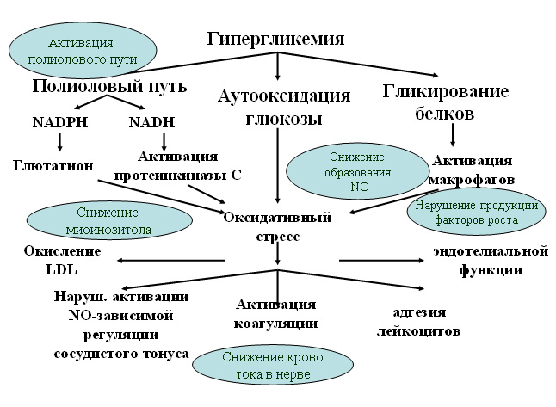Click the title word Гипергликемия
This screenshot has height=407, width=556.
(x=277, y=39)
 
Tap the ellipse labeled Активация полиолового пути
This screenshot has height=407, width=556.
(x=83, y=52)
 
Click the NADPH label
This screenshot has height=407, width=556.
(x=60, y=122)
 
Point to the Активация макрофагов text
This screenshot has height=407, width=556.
(x=473, y=170)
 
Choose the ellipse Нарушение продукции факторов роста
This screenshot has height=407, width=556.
(x=476, y=213)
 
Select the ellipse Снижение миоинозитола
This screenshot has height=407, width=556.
(x=96, y=223)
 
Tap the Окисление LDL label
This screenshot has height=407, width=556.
(x=63, y=259)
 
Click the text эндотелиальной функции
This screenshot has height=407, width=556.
(x=491, y=260)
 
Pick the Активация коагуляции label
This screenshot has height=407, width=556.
(x=276, y=314)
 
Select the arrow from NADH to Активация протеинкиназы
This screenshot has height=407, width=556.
(x=164, y=140)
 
